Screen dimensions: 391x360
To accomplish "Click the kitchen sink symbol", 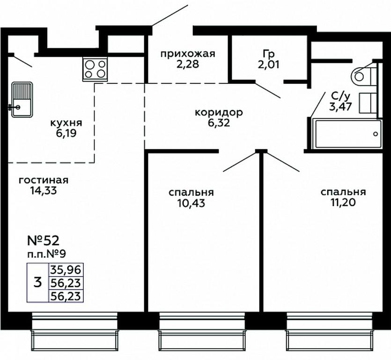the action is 22,100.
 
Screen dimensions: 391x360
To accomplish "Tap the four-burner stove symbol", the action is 95,69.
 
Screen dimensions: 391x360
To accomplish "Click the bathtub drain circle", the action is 376,134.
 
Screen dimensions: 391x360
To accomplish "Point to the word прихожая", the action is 188,54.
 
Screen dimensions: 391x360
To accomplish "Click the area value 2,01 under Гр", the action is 269,65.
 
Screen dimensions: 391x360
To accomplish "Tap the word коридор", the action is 219,112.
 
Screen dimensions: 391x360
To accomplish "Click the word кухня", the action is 66,123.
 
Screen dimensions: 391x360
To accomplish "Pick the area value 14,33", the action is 44,191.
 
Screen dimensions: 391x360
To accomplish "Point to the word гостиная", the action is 44,180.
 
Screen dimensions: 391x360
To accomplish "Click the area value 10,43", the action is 191,203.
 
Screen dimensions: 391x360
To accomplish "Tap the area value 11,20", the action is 343,202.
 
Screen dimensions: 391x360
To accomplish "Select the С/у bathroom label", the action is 341,96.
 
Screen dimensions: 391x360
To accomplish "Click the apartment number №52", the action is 43,240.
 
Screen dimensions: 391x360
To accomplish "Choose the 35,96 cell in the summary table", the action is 66,270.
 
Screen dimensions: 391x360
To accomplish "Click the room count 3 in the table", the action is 37,283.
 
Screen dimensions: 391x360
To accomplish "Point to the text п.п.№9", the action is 46,255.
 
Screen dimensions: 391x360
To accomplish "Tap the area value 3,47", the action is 340,106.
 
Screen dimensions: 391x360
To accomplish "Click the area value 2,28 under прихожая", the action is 188,64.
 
